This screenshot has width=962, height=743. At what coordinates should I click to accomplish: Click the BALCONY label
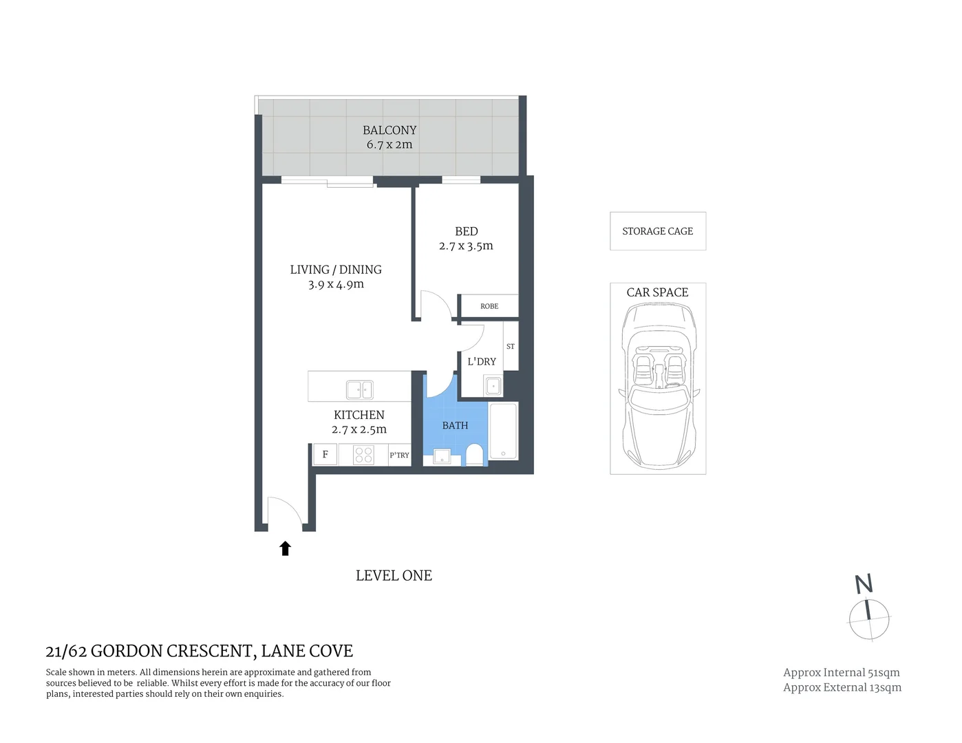(x=389, y=130)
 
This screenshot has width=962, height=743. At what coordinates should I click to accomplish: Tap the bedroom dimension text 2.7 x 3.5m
(x=466, y=246)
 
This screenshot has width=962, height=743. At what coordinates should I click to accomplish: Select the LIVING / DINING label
(x=336, y=270)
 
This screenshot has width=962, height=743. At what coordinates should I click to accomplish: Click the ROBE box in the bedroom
(x=489, y=306)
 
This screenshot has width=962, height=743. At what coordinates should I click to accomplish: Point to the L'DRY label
(x=481, y=362)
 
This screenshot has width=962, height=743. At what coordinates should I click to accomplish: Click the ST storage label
(x=511, y=347)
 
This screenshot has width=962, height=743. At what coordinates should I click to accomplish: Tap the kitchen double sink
(x=359, y=390)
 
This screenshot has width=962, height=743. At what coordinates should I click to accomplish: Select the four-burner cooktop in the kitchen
(x=363, y=455)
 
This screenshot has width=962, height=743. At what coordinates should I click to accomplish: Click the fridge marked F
(x=325, y=455)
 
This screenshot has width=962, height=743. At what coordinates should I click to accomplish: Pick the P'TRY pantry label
(x=399, y=455)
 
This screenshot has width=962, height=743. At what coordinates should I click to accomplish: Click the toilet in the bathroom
(x=474, y=455)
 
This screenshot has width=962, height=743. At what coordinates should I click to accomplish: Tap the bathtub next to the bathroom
(x=503, y=431)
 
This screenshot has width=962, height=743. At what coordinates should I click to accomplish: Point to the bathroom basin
(x=441, y=456)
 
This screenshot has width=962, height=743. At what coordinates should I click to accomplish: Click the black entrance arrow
(x=285, y=548)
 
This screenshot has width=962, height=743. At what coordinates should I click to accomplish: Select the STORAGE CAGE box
(x=658, y=231)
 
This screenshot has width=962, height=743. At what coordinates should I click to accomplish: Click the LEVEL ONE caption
(x=394, y=576)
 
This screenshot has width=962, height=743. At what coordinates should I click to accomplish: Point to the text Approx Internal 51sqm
(x=841, y=673)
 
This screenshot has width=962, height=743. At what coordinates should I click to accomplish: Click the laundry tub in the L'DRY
(x=493, y=386)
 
